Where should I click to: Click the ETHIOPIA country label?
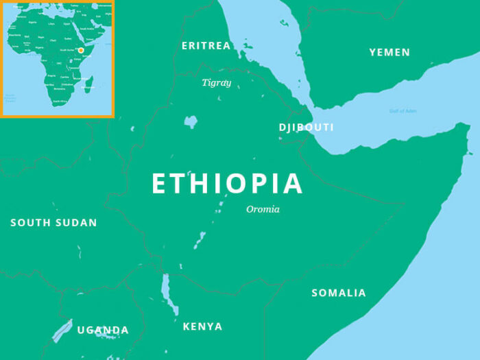(227, 184)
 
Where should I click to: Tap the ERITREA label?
(206, 46)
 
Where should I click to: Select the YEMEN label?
(389, 53)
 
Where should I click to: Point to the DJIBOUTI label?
(307, 128)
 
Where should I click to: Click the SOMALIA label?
(339, 293)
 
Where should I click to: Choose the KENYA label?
(202, 326)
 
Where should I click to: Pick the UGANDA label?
(103, 331)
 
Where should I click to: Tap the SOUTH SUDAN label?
(53, 223)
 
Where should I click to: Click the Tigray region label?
(217, 83)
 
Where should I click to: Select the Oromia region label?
(263, 209)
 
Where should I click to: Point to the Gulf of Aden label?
(402, 111)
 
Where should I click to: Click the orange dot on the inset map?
(81, 50)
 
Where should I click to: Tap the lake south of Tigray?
(191, 122)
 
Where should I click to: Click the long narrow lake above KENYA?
(165, 291)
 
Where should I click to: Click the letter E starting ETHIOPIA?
(158, 184)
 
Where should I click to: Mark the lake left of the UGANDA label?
(62, 330)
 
